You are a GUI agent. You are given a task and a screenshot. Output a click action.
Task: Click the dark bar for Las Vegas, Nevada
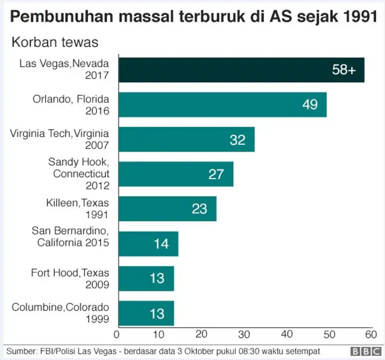241,70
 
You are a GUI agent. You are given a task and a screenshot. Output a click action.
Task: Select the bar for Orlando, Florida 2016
222,105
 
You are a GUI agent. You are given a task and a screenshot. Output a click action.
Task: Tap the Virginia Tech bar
186,139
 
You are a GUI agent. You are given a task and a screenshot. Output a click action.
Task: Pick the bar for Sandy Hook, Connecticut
175,174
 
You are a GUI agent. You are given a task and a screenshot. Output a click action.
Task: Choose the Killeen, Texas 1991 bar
167,209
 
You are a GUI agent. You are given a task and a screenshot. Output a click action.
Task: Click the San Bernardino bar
147,243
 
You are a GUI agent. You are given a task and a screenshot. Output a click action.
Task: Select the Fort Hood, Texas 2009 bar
146,278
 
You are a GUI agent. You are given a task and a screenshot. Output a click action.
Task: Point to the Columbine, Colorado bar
146,313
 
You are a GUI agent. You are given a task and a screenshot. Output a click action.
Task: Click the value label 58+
343,70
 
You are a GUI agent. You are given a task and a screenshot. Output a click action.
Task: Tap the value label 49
310,105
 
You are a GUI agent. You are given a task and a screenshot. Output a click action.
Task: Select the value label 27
216,174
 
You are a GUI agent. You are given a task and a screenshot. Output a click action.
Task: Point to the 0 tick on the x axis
117,335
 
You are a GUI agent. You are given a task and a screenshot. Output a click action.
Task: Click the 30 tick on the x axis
244,335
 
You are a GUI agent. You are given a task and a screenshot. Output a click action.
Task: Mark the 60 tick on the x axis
371,335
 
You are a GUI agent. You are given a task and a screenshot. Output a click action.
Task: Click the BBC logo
363,351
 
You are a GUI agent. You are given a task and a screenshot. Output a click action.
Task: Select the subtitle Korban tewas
55,42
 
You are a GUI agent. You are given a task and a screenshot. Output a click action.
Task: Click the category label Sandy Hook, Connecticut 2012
79,174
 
